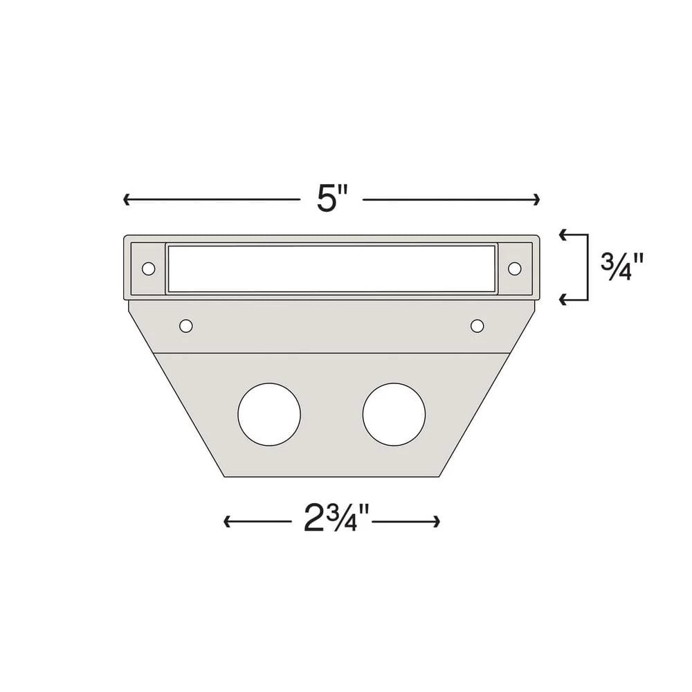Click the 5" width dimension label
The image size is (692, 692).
click(331, 200)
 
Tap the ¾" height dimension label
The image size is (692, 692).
click(623, 266)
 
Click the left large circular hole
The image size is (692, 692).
click(269, 415)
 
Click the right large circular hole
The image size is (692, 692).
click(394, 415)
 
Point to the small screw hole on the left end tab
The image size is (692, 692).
click(148, 268)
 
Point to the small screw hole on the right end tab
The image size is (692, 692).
click(514, 268)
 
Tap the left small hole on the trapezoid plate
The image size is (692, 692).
click(185, 325)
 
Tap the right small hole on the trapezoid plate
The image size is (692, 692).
click(477, 325)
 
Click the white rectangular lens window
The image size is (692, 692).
click(331, 268)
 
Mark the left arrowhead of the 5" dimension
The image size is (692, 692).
click(127, 200)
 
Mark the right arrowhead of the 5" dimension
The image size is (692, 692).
click(536, 200)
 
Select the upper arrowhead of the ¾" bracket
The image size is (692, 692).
click(563, 235)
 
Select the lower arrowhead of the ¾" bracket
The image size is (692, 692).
click(563, 299)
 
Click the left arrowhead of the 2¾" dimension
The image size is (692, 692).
click(227, 522)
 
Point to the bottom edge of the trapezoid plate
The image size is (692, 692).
click(332, 476)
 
